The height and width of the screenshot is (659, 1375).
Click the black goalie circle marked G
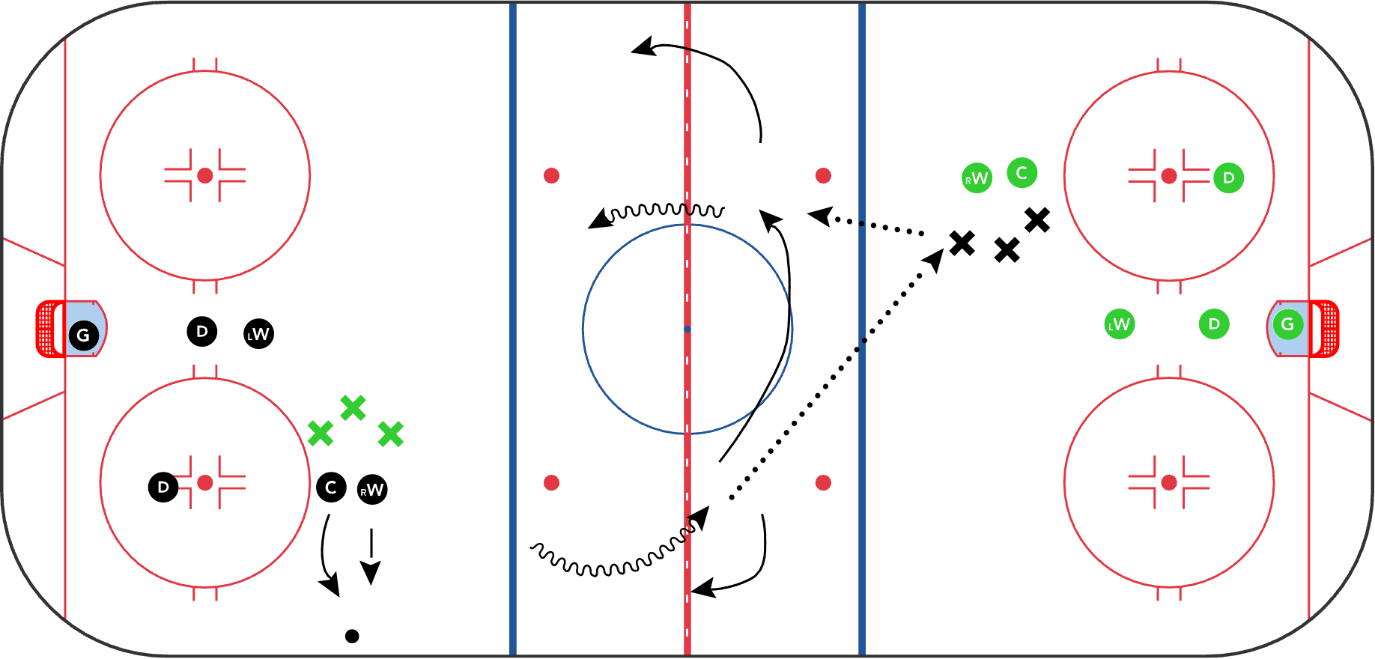coord(83,335)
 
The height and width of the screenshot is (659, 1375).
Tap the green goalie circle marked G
coord(1287,324)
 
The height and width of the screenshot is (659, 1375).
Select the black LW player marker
coord(259,334)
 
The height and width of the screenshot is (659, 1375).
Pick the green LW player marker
coord(1120,324)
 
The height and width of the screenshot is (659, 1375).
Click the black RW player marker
coord(372,490)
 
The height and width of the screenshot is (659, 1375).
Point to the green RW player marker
coord(977,178)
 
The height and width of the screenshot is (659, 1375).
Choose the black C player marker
coord(331,488)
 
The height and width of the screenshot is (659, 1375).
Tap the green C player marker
coord(1022,173)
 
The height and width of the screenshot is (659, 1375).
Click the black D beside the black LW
coord(202,331)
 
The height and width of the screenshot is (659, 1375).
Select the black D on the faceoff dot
coord(163,488)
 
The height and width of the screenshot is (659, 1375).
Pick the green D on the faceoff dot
coord(1228,178)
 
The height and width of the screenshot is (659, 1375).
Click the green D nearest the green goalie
coord(1214,324)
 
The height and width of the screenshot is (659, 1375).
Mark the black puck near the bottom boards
coord(352,636)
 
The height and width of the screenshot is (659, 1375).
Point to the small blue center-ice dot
coord(687,329)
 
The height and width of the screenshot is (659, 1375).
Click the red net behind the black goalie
coord(50,329)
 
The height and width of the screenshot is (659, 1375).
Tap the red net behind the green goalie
coord(1324,329)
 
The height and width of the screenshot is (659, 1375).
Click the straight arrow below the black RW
coord(371,556)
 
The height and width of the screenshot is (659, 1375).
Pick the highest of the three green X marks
coord(353,408)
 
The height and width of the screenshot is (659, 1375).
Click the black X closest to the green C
coord(1037,220)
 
